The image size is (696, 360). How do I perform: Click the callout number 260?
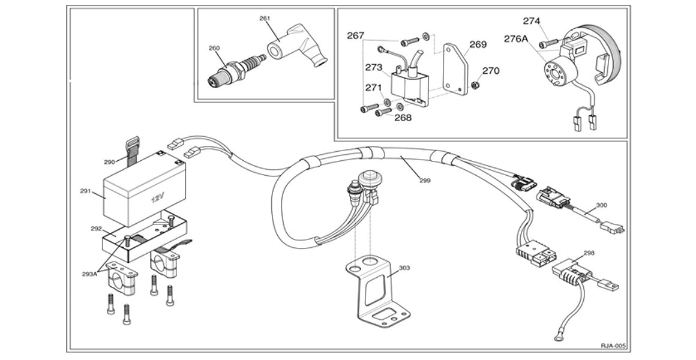click(214, 47)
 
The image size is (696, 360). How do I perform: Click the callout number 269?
click(478, 44)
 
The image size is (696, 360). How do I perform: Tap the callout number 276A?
click(516, 39)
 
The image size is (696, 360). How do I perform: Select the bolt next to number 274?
click(546, 44)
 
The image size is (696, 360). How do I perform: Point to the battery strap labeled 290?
click(131, 149)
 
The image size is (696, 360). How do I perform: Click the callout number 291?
click(85, 191)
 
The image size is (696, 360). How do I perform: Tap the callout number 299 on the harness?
click(425, 179)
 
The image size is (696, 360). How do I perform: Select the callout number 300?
click(601, 205)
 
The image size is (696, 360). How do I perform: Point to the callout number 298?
click(589, 253)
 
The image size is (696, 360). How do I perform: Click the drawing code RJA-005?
click(612, 346)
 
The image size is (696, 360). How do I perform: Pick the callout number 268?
click(403, 118)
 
